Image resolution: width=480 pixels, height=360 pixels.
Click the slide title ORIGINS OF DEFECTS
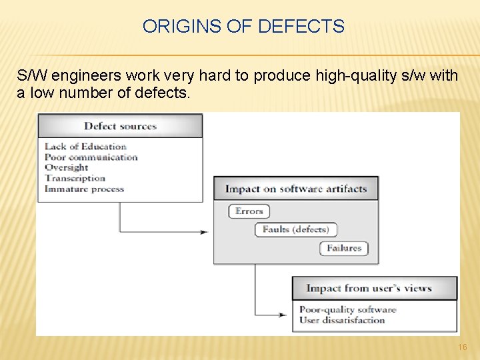tap(243, 27)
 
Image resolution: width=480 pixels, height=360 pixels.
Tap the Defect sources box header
tap(120, 126)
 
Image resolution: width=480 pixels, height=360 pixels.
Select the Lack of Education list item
tap(85, 147)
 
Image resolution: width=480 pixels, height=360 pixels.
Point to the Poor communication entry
tap(91, 157)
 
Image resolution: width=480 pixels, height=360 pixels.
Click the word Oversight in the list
tap(66, 167)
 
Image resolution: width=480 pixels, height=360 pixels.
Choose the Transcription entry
tap(75, 178)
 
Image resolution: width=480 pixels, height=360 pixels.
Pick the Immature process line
tap(84, 189)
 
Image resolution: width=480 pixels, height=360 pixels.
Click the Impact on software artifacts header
tap(296, 189)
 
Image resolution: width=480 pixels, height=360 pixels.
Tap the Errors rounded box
tap(249, 211)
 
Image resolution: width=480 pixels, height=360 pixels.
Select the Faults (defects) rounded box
tap(295, 229)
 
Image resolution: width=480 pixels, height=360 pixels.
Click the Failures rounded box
tap(343, 248)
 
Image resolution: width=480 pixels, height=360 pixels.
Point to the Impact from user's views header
tap(369, 288)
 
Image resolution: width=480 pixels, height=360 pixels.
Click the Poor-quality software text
tap(347, 309)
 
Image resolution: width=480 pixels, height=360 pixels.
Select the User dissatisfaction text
tap(342, 320)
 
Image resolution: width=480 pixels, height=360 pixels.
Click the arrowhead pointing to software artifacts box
tap(204, 232)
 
